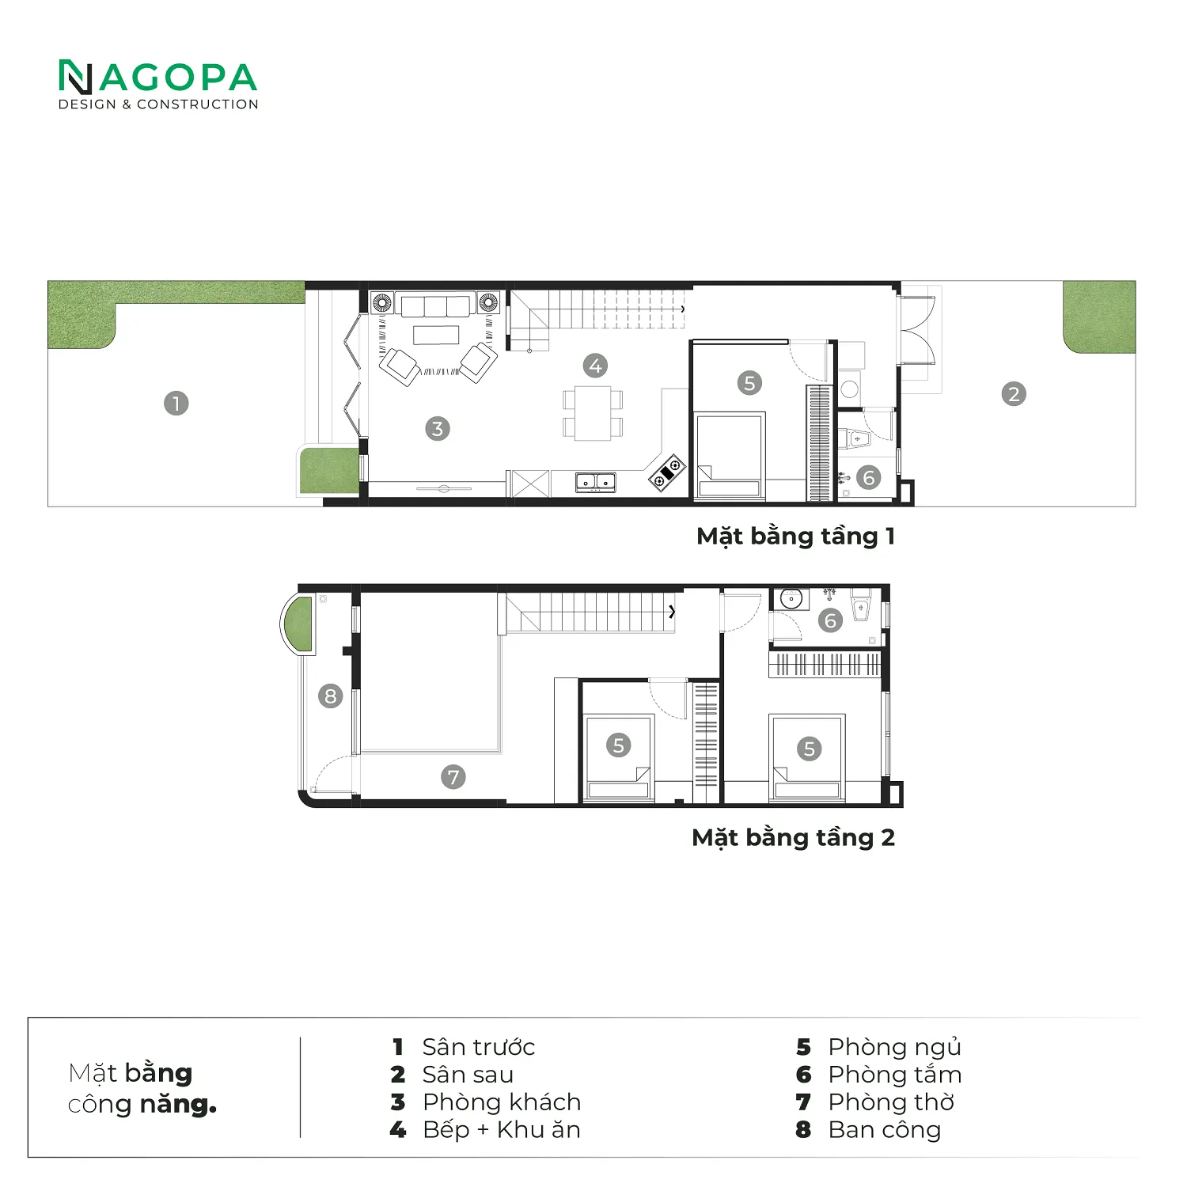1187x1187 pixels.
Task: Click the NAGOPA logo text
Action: click(x=158, y=78)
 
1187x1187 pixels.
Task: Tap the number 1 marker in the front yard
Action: click(x=176, y=404)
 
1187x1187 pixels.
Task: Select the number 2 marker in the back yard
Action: click(x=1014, y=394)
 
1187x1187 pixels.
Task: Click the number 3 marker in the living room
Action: click(x=438, y=429)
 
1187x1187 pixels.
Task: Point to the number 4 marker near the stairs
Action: click(x=596, y=366)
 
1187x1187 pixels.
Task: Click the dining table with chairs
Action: click(x=593, y=412)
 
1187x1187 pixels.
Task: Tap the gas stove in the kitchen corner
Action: click(x=667, y=472)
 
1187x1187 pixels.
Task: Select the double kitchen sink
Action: click(x=596, y=481)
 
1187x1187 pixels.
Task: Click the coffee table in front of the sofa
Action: click(x=436, y=334)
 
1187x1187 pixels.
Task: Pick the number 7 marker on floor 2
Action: click(x=453, y=777)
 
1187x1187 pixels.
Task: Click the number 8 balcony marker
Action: click(x=331, y=696)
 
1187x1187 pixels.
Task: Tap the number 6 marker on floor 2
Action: click(x=830, y=620)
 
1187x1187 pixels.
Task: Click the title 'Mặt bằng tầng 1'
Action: click(x=795, y=537)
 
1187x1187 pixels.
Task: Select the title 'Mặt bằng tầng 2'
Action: click(x=793, y=838)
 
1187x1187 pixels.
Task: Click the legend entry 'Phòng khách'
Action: click(x=502, y=1102)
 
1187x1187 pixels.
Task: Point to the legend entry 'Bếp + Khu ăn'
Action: click(x=502, y=1130)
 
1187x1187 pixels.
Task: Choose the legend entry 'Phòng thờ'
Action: click(x=891, y=1102)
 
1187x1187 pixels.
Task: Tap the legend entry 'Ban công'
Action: click(x=885, y=1130)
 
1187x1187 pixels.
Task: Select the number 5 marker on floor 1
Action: click(x=749, y=383)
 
